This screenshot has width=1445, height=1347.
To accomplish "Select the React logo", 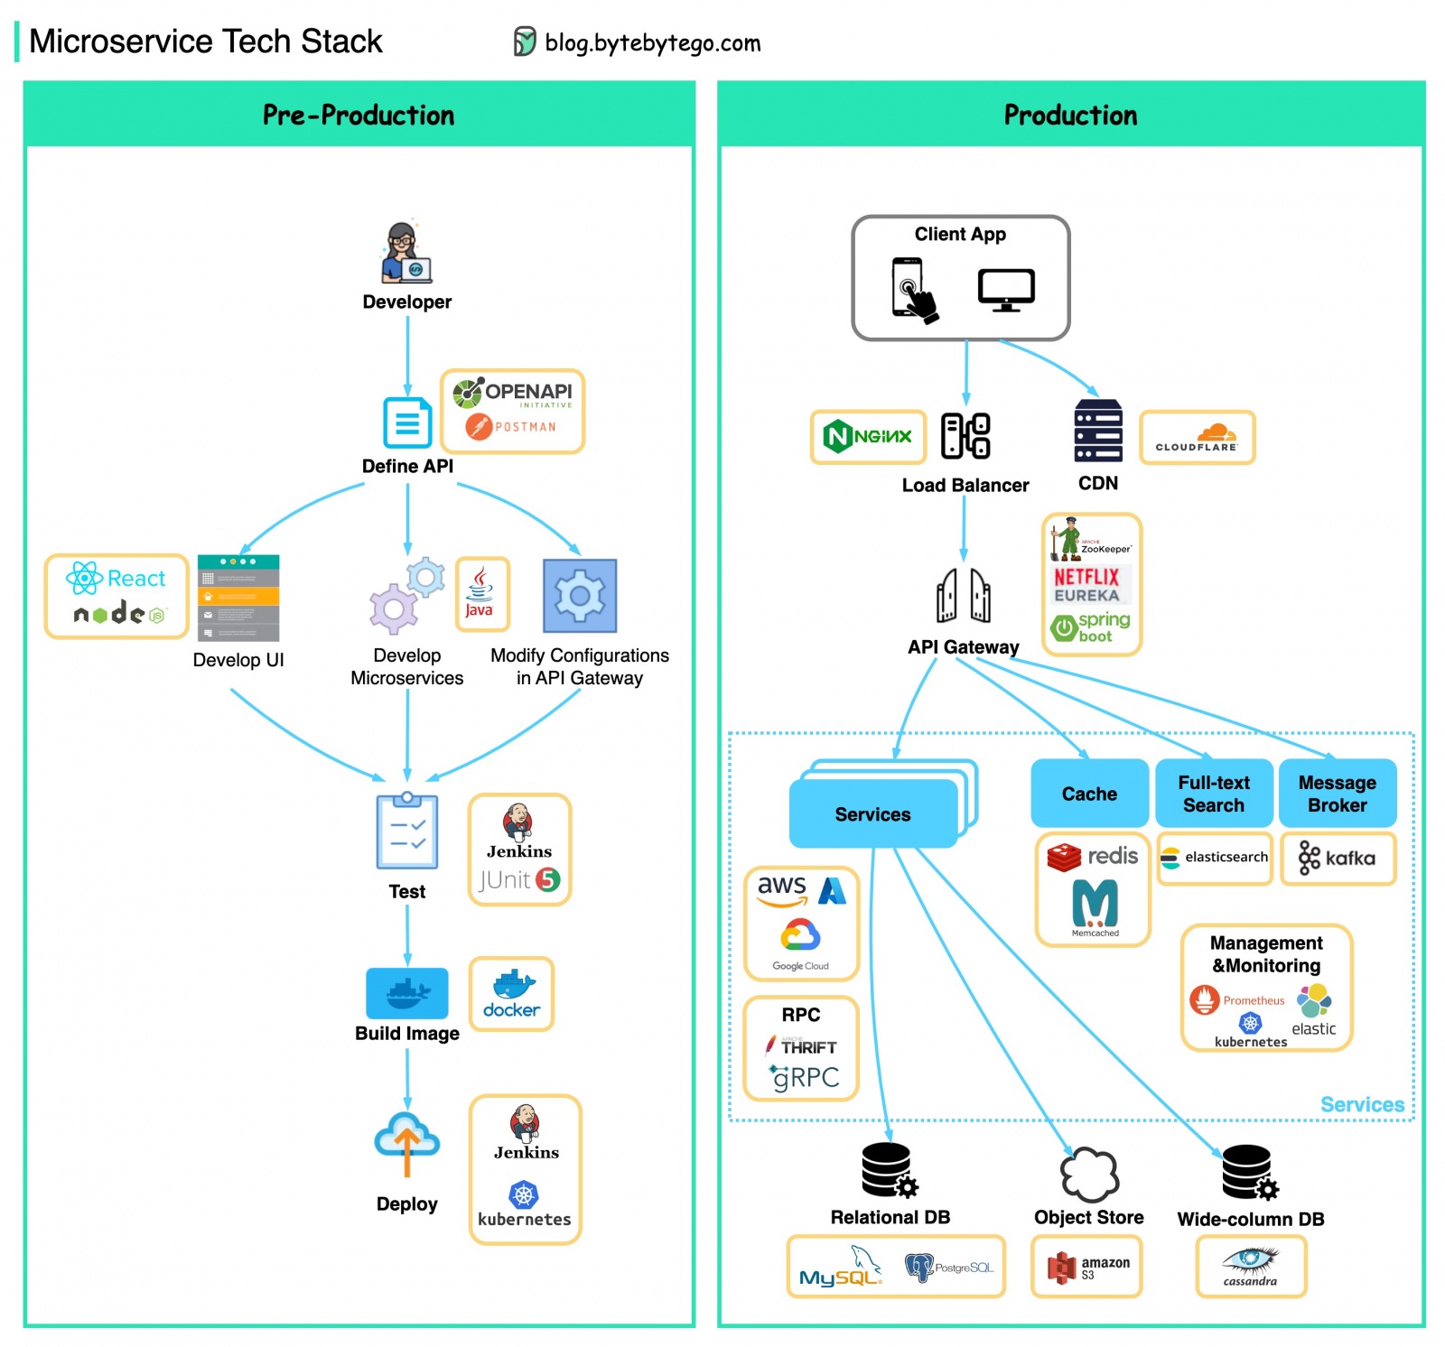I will [116, 578].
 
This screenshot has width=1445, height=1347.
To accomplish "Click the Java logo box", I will [481, 594].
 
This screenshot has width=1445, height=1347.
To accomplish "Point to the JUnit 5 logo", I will [519, 879].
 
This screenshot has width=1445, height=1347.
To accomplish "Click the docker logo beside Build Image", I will [511, 994].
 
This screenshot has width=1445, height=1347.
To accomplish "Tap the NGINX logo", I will [868, 437].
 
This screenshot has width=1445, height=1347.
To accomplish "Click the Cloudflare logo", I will [1197, 438].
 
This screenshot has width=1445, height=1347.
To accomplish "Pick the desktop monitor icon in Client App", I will [1006, 290].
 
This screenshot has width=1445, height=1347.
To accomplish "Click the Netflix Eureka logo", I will [1086, 585].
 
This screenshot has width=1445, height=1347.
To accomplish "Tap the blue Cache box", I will [1089, 794].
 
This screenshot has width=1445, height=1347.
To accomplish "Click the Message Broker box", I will [1337, 794].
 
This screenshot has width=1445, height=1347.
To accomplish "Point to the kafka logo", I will [1338, 858].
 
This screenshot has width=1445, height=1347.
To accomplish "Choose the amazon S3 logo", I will [1086, 1268].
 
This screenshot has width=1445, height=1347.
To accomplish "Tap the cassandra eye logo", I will [1250, 1263].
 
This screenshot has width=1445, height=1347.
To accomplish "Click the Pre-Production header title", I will [359, 116].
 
